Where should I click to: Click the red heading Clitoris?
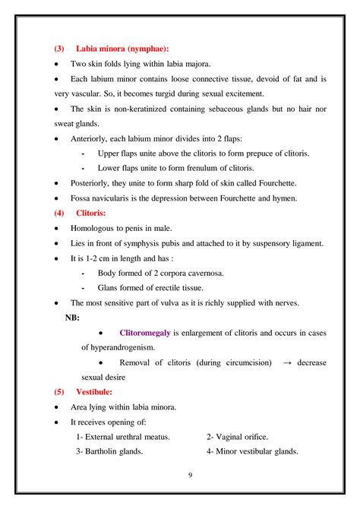(91, 213)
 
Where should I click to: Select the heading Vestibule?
(94, 392)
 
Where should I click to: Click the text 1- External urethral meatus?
(123, 437)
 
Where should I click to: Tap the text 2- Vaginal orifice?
(238, 437)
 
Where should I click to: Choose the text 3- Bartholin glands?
(112, 451)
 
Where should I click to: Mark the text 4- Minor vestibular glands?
(252, 451)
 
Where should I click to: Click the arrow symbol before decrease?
(287, 362)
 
